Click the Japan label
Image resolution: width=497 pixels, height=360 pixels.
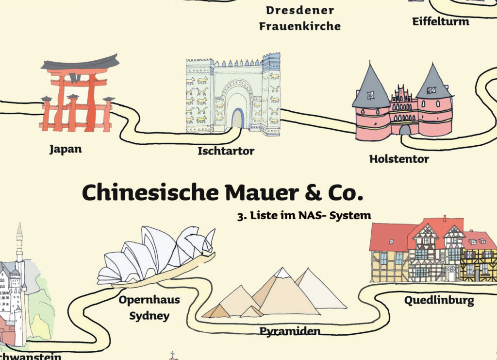[x=66, y=149]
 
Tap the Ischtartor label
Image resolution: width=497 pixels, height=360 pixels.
[x=226, y=151]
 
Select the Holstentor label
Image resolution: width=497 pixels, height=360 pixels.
[x=399, y=158]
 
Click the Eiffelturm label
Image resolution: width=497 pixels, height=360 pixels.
[x=441, y=21]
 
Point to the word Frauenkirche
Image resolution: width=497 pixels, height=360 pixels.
[x=300, y=26]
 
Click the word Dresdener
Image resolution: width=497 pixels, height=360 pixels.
[x=300, y=10]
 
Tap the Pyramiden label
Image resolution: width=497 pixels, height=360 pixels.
[x=290, y=331]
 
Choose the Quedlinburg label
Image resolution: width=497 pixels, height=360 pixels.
[x=439, y=300]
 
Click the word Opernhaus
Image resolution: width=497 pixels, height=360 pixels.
[x=149, y=300]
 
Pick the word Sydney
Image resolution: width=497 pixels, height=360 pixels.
[x=149, y=316]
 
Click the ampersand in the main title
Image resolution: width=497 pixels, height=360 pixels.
[x=314, y=193]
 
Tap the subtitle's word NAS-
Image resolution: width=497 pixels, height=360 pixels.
[x=312, y=215]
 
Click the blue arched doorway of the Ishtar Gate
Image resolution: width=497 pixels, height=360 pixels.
[x=237, y=119]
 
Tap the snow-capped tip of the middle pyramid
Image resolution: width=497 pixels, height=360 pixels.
[x=282, y=273]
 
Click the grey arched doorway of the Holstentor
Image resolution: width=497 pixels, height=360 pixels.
[x=405, y=130]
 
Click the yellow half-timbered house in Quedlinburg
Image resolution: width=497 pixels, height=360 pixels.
[x=479, y=265]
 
